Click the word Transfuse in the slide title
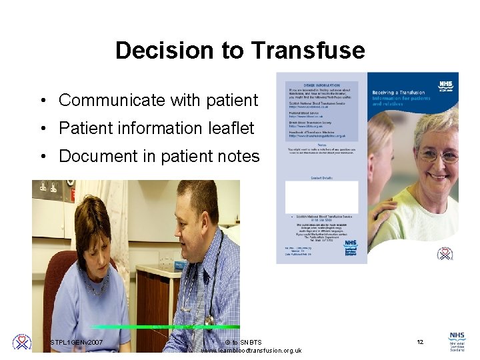[308, 51]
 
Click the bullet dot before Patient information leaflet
[43, 129]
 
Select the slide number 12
[420, 342]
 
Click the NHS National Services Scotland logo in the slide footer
[457, 341]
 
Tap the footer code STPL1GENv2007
[77, 342]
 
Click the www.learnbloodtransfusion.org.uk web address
[251, 351]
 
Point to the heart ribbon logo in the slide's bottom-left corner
[22, 342]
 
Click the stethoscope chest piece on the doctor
[209, 320]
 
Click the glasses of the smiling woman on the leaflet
[437, 155]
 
